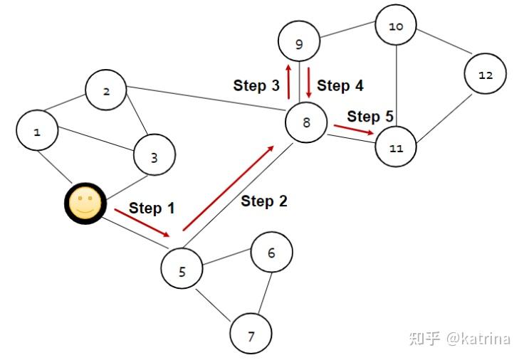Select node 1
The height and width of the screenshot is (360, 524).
(37, 132)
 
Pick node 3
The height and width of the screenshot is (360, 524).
(154, 156)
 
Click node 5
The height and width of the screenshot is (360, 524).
(182, 271)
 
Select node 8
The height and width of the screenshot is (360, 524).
(306, 122)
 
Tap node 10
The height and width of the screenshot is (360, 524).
(397, 27)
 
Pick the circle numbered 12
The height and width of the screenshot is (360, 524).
(486, 75)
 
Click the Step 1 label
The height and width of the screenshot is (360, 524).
(152, 208)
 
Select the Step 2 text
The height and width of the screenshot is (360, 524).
(264, 201)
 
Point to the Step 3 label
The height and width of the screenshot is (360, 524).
(256, 86)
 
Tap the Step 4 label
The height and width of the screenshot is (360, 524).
(340, 86)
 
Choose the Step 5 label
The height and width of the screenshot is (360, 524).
(370, 116)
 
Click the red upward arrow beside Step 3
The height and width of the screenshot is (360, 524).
(288, 81)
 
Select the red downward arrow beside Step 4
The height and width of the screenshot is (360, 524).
(309, 83)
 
